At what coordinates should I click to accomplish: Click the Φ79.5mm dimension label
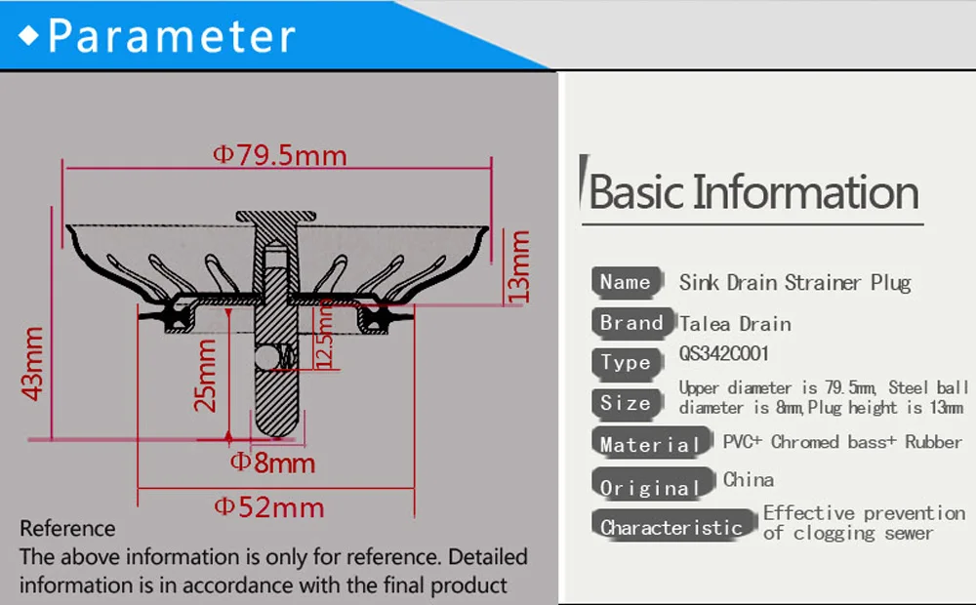(x=279, y=155)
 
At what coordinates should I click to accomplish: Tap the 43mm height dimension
(x=32, y=364)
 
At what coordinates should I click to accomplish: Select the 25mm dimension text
(x=205, y=376)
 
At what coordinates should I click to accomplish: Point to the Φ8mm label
(x=272, y=463)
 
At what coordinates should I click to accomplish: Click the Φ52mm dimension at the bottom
(x=269, y=507)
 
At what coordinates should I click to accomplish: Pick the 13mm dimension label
(x=518, y=266)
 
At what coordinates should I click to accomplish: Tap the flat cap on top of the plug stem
(x=276, y=218)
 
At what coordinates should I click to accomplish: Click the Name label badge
(x=627, y=282)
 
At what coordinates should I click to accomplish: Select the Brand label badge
(x=632, y=323)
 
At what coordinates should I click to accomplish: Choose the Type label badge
(x=627, y=363)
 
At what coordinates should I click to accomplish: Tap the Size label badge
(x=627, y=403)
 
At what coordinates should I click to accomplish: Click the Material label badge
(x=651, y=444)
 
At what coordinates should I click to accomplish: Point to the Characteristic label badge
(x=672, y=527)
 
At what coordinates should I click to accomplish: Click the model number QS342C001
(x=724, y=353)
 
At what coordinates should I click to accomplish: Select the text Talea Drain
(x=735, y=324)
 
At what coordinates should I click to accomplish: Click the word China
(x=749, y=479)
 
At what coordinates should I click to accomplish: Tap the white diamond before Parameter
(x=28, y=35)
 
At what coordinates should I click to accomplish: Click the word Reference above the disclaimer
(x=67, y=529)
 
